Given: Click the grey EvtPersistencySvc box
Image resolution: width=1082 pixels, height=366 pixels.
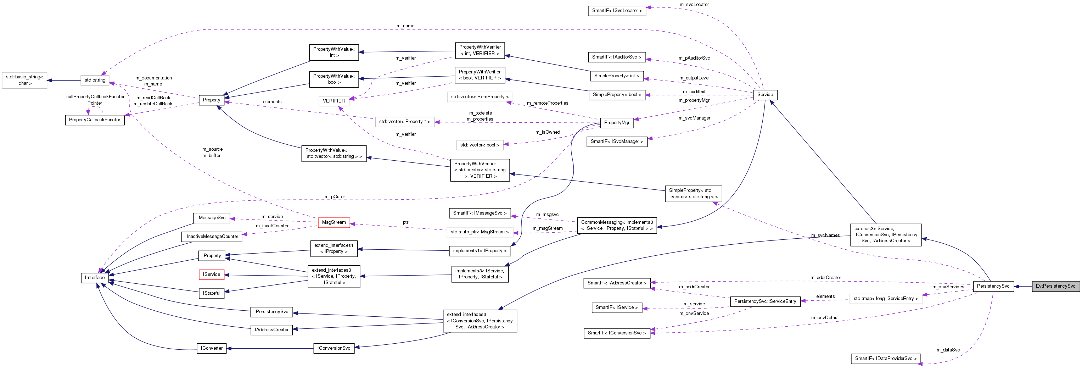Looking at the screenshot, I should click(x=1055, y=286).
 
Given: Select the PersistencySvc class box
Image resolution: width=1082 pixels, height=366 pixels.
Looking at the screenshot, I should click(x=993, y=286).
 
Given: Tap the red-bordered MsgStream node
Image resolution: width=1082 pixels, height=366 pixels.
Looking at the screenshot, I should click(x=334, y=222).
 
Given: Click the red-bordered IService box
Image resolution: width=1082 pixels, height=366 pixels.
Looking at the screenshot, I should click(x=211, y=274).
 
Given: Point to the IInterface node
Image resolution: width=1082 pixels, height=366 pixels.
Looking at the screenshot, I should click(x=95, y=278).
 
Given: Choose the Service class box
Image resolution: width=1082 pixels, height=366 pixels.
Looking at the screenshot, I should click(x=765, y=95).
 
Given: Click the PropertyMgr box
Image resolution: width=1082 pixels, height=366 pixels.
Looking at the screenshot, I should click(x=616, y=123).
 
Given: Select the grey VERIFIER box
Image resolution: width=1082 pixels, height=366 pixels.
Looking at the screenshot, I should click(x=333, y=101).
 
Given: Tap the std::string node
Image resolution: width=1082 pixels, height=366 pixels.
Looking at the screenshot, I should click(x=95, y=80).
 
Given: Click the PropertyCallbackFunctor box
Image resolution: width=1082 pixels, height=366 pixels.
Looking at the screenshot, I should click(x=95, y=120).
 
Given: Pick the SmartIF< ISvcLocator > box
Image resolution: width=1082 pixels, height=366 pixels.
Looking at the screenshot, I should click(x=617, y=11).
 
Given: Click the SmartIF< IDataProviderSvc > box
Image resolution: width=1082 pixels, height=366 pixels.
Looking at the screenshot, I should click(x=885, y=359).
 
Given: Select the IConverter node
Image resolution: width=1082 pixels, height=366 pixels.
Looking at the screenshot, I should click(x=211, y=348).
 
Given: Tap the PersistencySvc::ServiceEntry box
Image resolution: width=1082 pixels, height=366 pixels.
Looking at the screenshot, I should click(x=764, y=301).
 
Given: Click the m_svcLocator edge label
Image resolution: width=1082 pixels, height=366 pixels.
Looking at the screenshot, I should click(x=694, y=5).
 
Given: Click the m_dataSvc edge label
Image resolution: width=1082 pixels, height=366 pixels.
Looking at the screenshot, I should click(x=948, y=350).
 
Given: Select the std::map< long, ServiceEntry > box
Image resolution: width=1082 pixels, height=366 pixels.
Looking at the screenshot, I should click(x=885, y=299).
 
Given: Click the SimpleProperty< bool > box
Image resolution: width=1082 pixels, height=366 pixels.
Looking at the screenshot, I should click(x=617, y=95).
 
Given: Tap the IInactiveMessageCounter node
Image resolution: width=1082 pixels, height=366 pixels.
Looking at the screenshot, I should click(x=211, y=237).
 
